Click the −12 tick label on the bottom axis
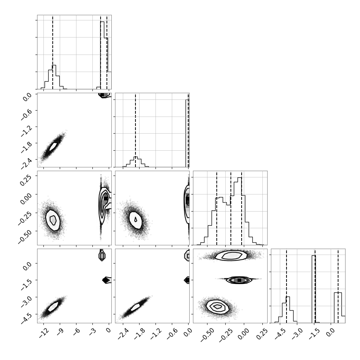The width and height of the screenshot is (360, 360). pyautogui.click(x=44, y=333)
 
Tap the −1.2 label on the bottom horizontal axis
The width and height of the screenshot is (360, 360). pyautogui.click(x=156, y=334)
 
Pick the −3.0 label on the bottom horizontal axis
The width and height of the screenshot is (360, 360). pyautogui.click(x=297, y=334)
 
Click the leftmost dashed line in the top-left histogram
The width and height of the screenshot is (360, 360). pyautogui.click(x=53, y=52)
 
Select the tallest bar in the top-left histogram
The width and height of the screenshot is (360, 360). pyautogui.click(x=102, y=55)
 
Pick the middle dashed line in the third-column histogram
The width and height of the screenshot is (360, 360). pyautogui.click(x=231, y=208)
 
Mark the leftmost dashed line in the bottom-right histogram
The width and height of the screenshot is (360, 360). pyautogui.click(x=286, y=286)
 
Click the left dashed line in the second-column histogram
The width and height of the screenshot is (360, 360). pyautogui.click(x=135, y=130)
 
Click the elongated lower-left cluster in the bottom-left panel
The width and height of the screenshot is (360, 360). pyautogui.click(x=53, y=307)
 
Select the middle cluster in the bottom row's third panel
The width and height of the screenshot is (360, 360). pyautogui.click(x=239, y=280)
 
